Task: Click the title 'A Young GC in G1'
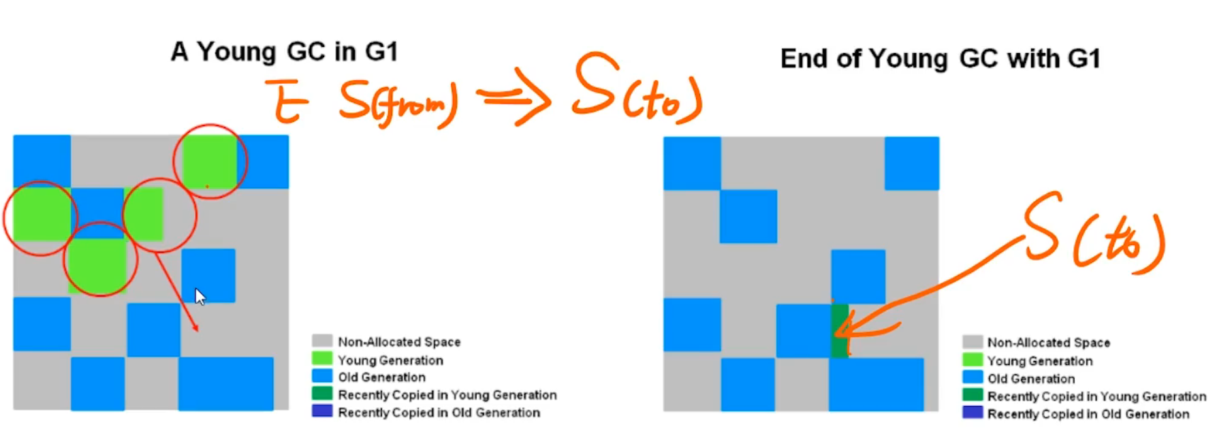point(284,52)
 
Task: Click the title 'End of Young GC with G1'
point(941,59)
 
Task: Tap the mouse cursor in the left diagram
point(200,297)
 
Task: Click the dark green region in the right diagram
point(840,331)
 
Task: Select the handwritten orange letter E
point(287,101)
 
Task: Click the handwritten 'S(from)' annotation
point(398,103)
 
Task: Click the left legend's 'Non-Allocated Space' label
point(399,342)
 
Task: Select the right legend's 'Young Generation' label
point(1040,361)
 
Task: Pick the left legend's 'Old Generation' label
point(381,377)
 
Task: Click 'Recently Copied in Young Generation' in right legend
point(1096,396)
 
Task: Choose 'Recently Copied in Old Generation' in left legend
point(439,413)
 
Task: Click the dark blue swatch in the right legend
point(973,413)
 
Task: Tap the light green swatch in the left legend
point(322,358)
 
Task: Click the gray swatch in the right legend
point(973,342)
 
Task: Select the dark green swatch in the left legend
point(322,394)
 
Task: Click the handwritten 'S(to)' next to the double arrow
point(637,89)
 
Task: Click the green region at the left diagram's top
point(210,161)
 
